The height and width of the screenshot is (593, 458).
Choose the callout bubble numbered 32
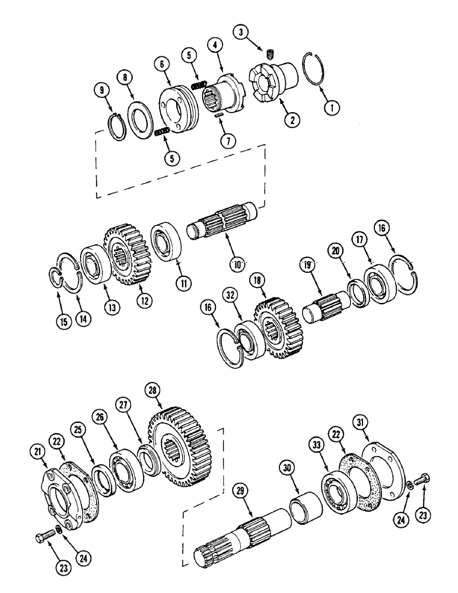[x=231, y=294]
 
